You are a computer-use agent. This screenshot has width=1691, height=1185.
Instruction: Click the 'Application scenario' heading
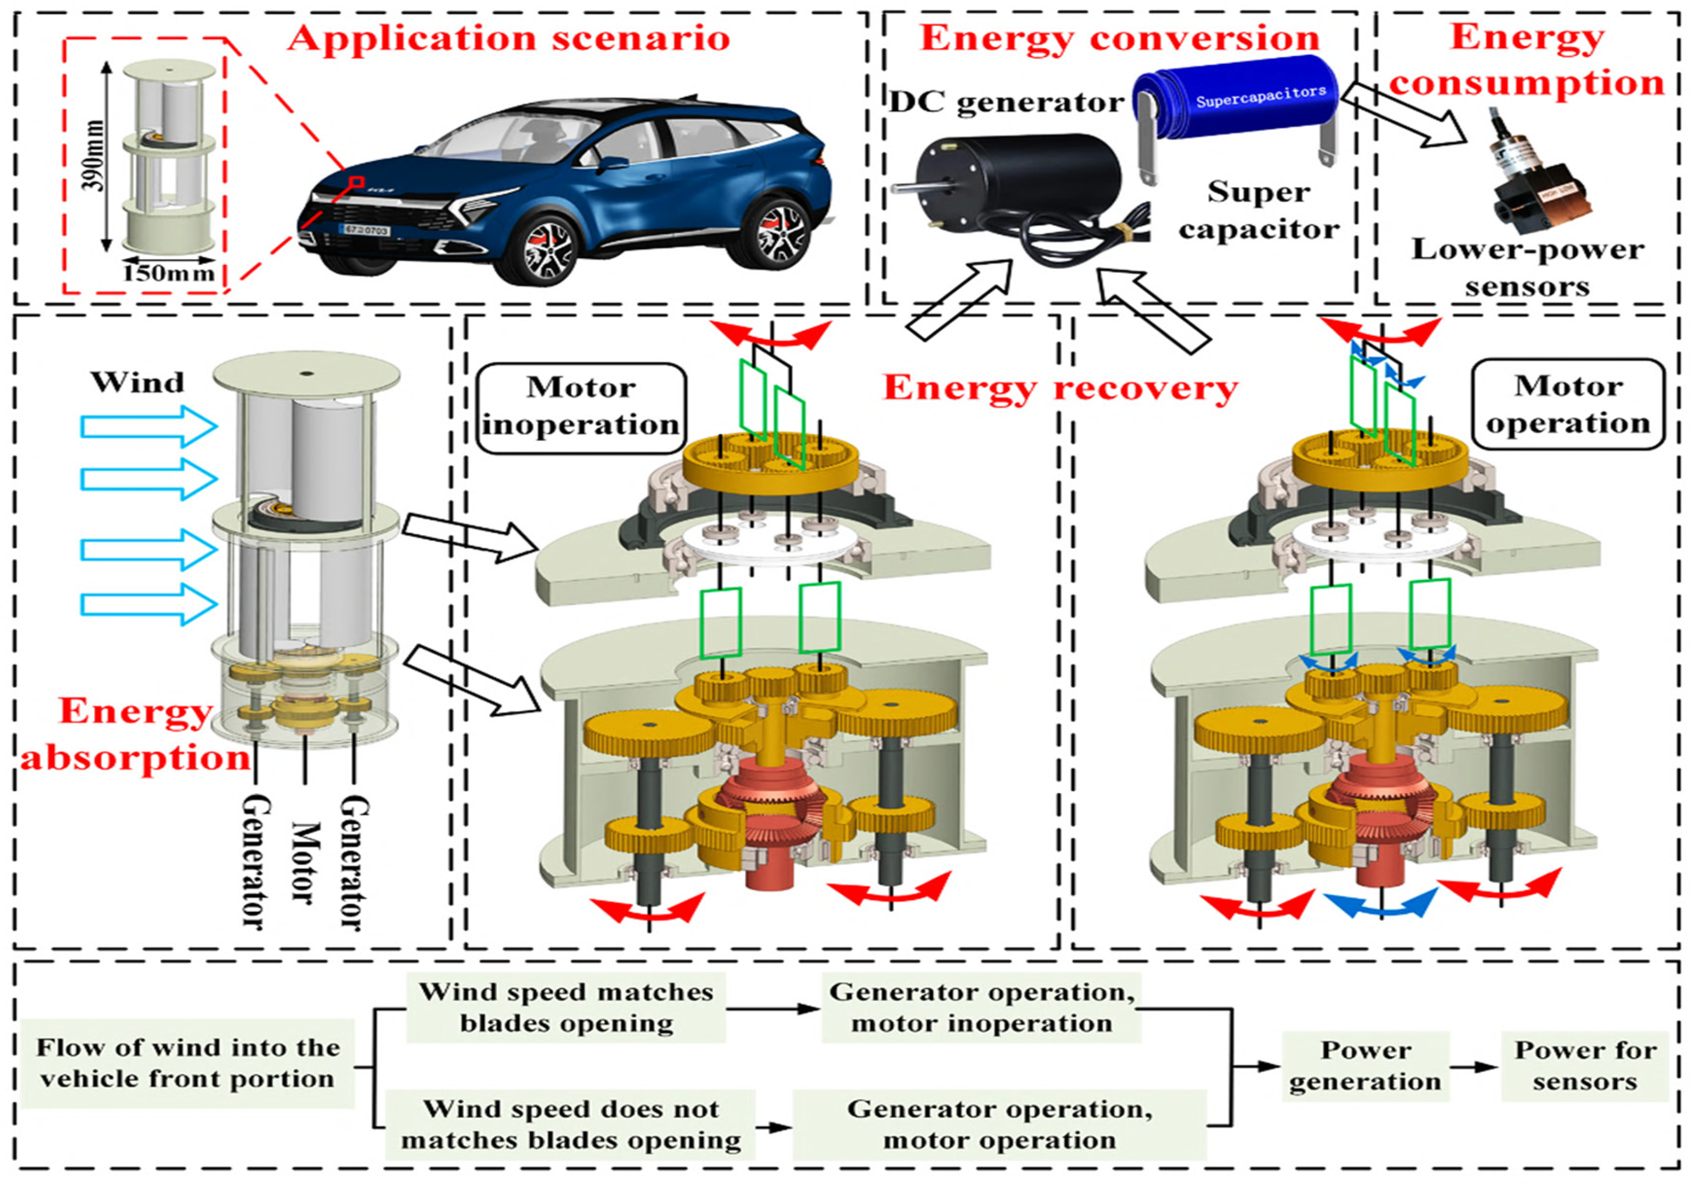click(x=509, y=38)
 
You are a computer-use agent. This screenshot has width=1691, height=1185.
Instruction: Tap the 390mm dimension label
click(x=94, y=156)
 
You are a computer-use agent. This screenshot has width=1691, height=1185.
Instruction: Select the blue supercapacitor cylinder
click(x=1237, y=103)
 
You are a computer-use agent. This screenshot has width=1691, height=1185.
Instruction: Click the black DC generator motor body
click(x=1031, y=184)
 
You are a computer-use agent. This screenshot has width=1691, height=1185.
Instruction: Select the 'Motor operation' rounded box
click(x=1568, y=405)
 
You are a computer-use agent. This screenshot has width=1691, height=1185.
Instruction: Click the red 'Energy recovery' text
click(x=1061, y=388)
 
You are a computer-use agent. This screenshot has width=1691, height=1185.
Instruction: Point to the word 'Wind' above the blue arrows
click(x=138, y=383)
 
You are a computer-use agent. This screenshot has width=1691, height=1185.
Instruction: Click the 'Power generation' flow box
click(x=1365, y=1066)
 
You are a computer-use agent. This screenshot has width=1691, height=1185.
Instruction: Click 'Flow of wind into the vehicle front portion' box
click(x=188, y=1063)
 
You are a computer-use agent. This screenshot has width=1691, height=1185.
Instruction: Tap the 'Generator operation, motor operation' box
click(x=1000, y=1124)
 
